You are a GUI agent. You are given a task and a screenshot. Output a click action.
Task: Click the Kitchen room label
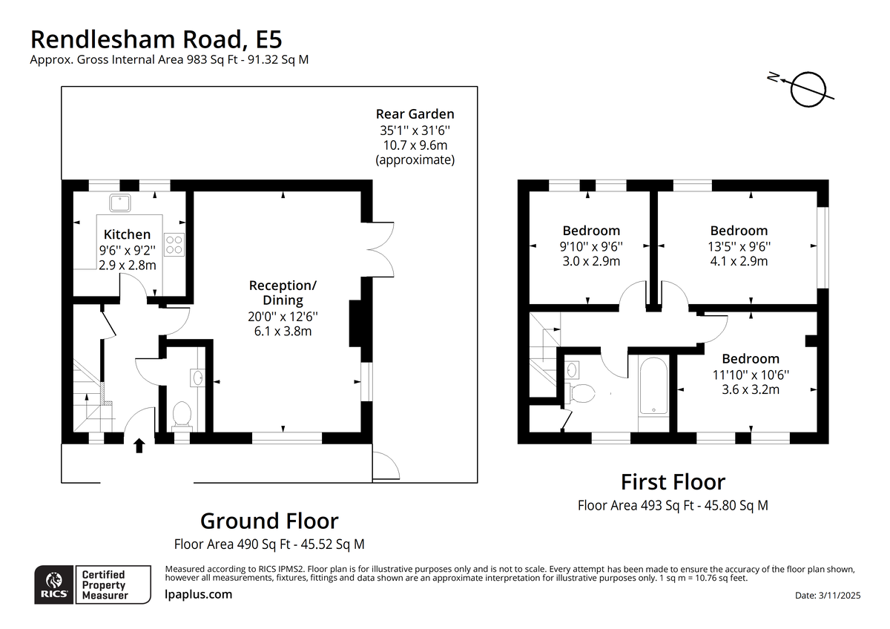click(127, 234)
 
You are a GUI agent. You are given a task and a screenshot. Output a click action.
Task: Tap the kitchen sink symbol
click(120, 203)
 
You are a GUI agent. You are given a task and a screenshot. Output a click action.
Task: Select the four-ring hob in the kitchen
click(174, 244)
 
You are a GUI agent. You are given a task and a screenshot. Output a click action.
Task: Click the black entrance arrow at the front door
click(139, 446)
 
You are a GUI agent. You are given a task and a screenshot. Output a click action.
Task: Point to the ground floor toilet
click(182, 416)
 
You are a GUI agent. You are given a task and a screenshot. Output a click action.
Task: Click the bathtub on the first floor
click(653, 386)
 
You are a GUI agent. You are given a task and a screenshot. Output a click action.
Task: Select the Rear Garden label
click(415, 114)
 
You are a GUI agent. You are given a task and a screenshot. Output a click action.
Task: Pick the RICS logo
click(53, 584)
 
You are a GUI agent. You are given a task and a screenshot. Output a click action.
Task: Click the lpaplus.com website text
click(198, 594)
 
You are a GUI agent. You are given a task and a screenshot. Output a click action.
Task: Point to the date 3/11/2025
click(839, 595)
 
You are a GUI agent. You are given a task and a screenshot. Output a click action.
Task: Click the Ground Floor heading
click(269, 521)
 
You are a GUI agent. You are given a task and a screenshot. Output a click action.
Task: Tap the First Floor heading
click(673, 482)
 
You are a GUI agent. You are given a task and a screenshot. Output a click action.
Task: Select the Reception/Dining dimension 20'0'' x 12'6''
click(283, 316)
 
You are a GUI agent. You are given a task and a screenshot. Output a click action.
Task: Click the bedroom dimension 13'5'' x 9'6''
click(739, 247)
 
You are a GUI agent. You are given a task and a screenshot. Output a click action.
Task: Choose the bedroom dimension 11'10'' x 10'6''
click(751, 375)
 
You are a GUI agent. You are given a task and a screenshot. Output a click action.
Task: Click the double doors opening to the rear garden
click(380, 249)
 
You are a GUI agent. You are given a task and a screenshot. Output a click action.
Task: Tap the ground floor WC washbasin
click(197, 378)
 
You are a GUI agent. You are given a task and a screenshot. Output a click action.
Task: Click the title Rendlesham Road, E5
click(156, 39)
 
